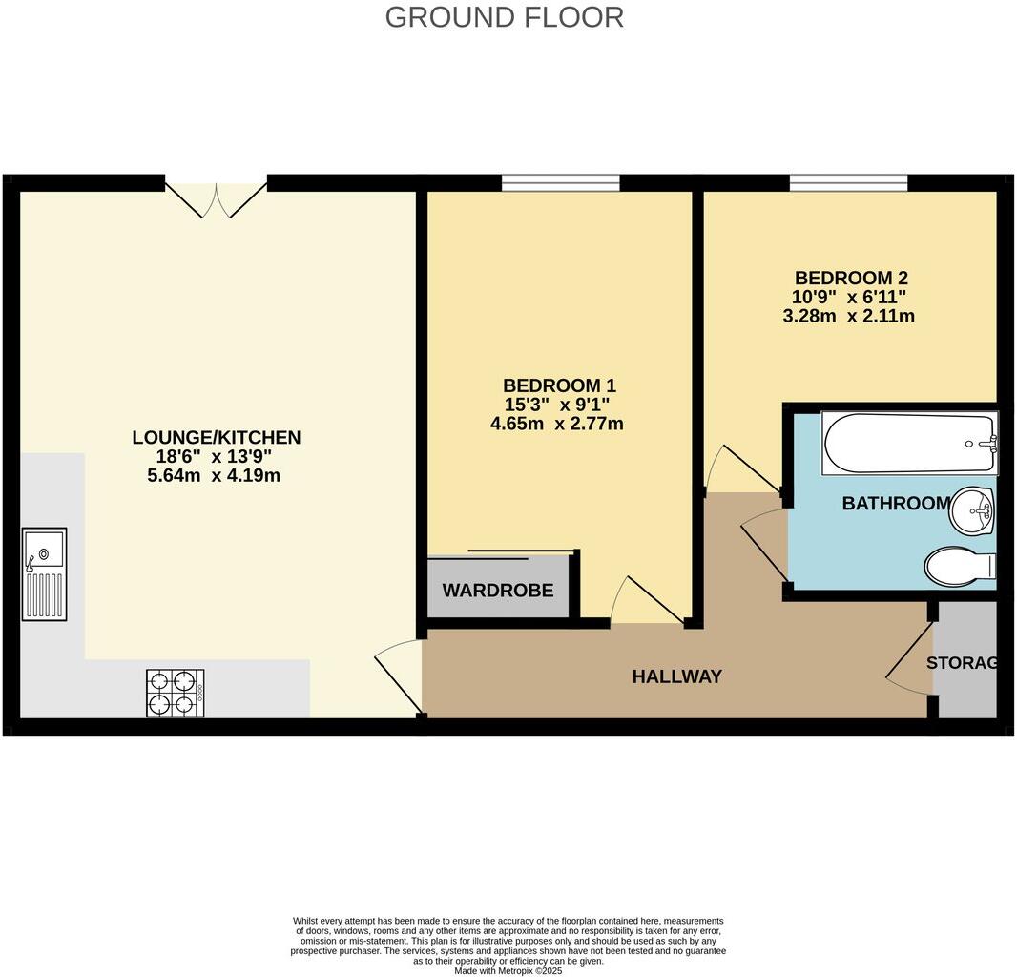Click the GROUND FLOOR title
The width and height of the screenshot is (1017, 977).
[x=504, y=17]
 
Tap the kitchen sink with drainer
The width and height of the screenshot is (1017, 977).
[x=45, y=574]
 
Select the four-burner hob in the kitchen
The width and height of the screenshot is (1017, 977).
[x=175, y=693]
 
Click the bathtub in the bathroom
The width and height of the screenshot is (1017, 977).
[x=909, y=443]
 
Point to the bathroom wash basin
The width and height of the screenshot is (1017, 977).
[x=973, y=511]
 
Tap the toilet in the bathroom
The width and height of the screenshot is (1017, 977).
[x=958, y=566]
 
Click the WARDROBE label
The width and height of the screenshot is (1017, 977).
[x=497, y=591]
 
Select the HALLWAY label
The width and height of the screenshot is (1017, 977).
[x=676, y=676]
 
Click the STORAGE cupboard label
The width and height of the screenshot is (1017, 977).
[x=963, y=663]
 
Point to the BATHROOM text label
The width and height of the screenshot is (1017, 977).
[x=895, y=504]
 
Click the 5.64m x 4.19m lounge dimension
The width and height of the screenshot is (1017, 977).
[x=215, y=475]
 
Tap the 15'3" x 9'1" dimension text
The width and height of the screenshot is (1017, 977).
[x=559, y=405]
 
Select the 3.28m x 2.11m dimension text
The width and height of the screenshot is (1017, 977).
[x=848, y=316]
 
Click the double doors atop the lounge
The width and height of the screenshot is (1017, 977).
[x=217, y=198]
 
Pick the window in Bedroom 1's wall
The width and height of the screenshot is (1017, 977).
[x=561, y=183]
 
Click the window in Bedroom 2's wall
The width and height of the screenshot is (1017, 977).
[x=848, y=183]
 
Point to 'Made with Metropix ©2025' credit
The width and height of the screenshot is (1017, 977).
[x=508, y=970]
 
